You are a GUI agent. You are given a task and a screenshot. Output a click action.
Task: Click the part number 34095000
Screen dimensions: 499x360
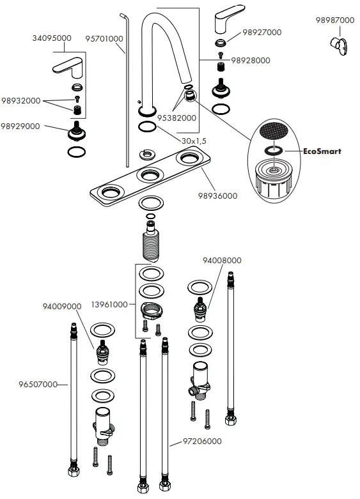coord(52,38)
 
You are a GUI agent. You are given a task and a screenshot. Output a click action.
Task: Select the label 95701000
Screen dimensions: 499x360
coord(104,39)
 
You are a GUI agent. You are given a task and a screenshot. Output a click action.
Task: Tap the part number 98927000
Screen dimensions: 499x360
coord(262,32)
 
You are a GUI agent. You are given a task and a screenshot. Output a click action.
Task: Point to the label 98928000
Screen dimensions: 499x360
coord(251,60)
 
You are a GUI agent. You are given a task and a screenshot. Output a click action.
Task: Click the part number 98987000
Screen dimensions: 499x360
coord(335,20)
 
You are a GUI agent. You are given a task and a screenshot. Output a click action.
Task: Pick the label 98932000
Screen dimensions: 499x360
coord(20,101)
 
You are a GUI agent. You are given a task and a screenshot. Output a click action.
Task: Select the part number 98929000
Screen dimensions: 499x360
coord(20,126)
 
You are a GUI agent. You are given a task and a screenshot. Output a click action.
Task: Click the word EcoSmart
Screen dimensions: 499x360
coord(322,151)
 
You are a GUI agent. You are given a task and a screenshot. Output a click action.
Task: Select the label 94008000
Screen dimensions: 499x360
coord(222,260)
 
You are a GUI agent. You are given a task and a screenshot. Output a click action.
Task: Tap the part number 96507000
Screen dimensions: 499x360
coord(38,385)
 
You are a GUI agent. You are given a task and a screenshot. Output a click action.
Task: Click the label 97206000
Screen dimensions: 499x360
coord(202,441)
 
